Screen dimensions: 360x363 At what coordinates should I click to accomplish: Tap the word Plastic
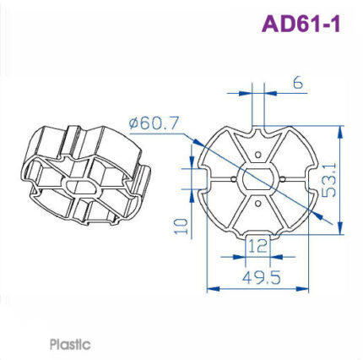70,345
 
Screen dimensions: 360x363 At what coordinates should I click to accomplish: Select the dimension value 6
298,85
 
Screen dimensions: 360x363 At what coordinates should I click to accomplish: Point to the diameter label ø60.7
154,123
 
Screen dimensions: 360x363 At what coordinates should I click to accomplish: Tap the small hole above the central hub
260,155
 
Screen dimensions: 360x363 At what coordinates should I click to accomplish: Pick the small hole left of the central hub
233,179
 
